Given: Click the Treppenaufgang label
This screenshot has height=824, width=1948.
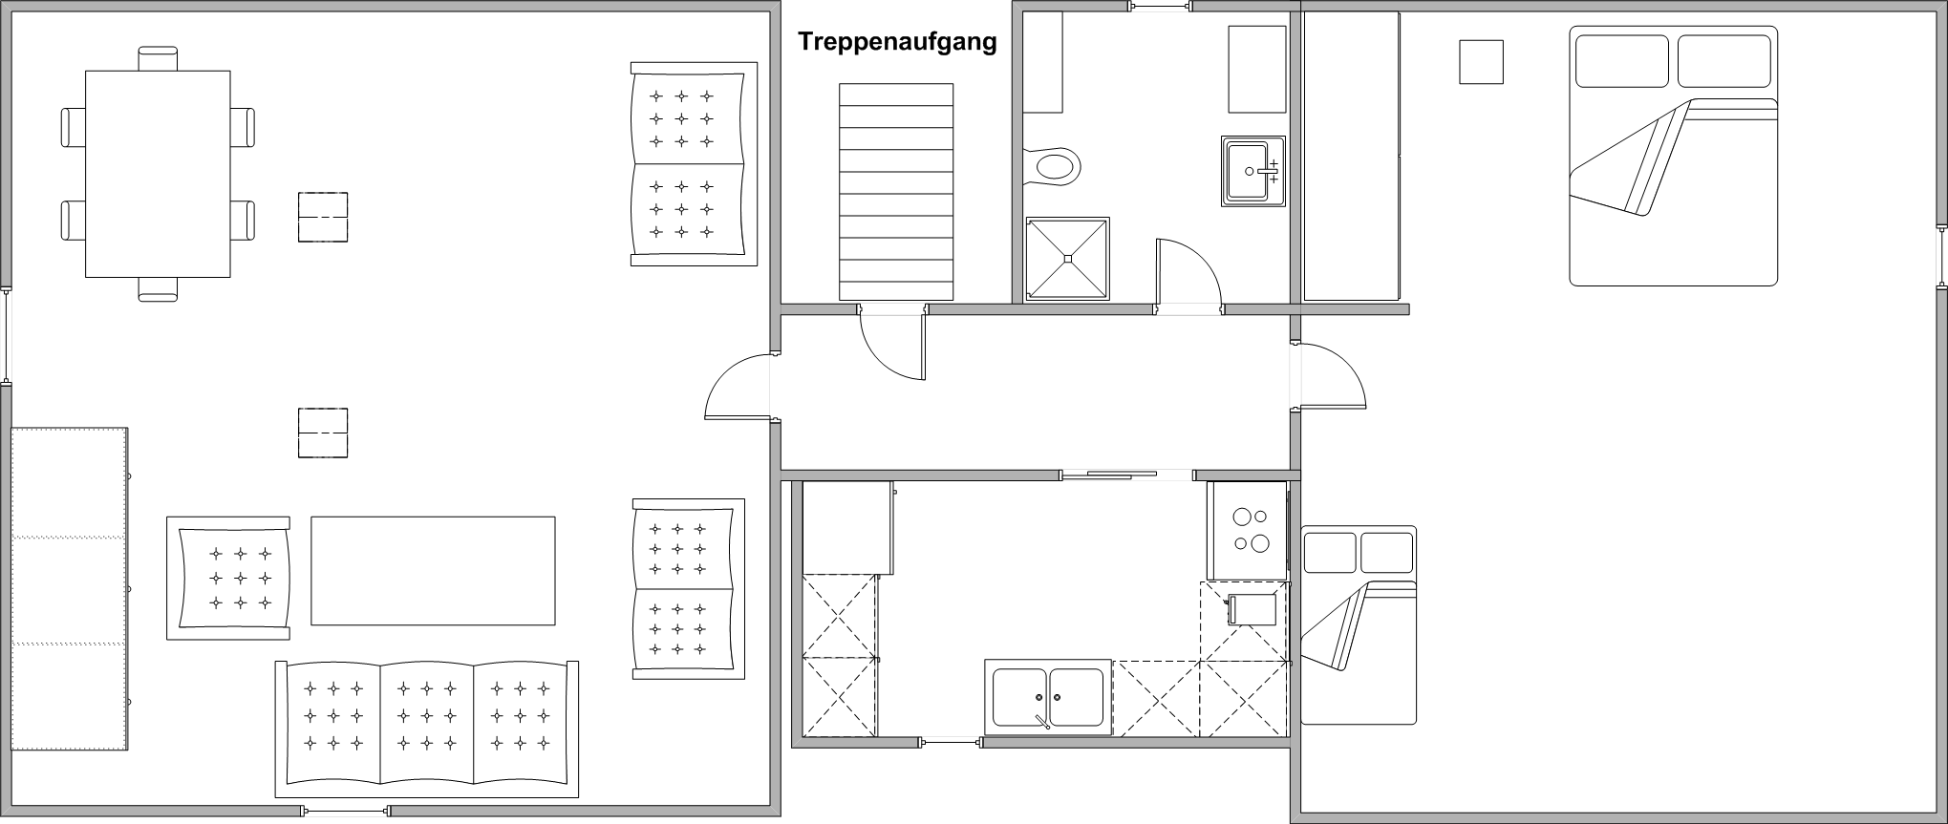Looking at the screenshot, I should tap(897, 42).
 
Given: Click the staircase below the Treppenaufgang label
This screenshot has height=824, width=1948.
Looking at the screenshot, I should tap(896, 191).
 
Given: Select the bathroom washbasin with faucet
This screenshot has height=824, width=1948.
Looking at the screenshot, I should tap(1252, 172).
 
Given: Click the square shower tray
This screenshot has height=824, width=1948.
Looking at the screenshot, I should tap(1067, 259).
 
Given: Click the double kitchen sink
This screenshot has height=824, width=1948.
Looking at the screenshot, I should tap(1048, 697).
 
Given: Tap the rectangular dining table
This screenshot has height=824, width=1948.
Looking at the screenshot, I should tap(158, 174).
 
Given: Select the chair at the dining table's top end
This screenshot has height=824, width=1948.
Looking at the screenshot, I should tap(158, 58).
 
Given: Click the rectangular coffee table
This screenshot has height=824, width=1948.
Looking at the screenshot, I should tap(433, 571).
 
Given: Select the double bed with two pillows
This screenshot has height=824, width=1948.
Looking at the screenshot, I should tap(1673, 156).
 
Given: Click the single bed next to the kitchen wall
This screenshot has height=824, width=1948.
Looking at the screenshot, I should tap(1358, 624).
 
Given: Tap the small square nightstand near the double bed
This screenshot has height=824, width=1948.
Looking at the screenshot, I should tap(1481, 62).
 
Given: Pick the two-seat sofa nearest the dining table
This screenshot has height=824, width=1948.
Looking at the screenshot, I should tap(692, 164).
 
